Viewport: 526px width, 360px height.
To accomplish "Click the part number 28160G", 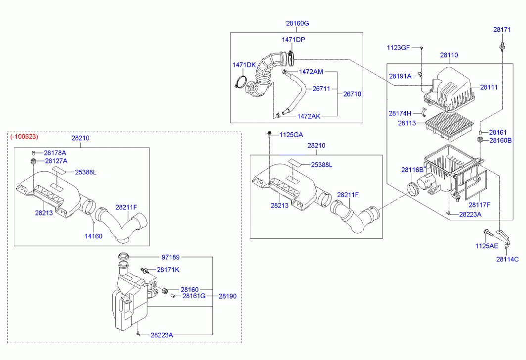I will click(x=297, y=23).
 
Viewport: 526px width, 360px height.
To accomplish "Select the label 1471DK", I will click(x=244, y=65).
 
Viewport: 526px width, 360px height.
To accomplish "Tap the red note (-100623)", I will click(x=24, y=136).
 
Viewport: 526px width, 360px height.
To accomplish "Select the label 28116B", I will click(x=413, y=170).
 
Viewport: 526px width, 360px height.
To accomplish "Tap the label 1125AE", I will click(x=487, y=246).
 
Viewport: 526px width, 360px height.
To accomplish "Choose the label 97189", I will click(x=171, y=257).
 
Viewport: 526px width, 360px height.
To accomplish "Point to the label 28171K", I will click(x=168, y=270).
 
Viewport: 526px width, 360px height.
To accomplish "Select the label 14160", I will click(x=93, y=236).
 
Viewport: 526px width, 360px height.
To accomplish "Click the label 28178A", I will click(x=55, y=153).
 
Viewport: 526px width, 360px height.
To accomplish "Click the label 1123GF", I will click(x=398, y=48).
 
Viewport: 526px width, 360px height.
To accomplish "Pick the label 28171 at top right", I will click(x=502, y=30).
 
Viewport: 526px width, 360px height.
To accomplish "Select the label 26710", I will click(x=352, y=94).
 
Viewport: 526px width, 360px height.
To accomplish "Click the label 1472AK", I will click(x=309, y=116).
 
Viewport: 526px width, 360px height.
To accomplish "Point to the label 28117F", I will click(x=479, y=205).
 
